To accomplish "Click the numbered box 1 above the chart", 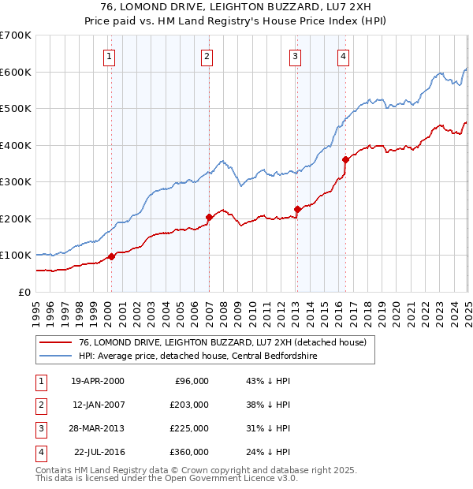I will (x=108, y=56).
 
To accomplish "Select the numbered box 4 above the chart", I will (x=344, y=56).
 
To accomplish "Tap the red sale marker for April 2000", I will (x=112, y=256).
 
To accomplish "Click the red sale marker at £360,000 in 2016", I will (x=345, y=159).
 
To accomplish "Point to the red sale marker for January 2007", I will (x=209, y=217).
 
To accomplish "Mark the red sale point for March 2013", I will (x=298, y=209).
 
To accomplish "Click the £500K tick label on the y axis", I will (x=15, y=108).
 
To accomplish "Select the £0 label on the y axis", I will (x=24, y=292).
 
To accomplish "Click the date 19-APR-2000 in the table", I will (x=97, y=381).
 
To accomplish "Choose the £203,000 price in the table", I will (x=189, y=405).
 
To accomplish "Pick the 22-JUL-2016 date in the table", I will (x=99, y=452).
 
